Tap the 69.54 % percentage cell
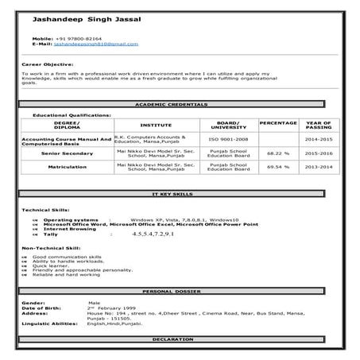click(277, 168)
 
